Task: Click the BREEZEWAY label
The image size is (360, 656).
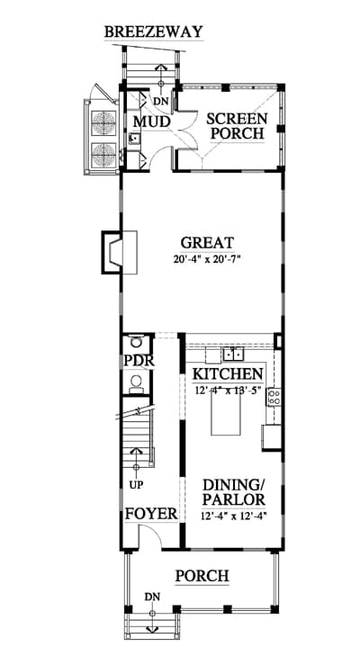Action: coord(154,32)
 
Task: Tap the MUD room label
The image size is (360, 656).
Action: coord(151,122)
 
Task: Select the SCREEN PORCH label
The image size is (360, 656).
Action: coord(237,126)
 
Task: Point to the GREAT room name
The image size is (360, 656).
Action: coord(207,243)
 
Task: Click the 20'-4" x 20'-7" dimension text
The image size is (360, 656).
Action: coord(208,259)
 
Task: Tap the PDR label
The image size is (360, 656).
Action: coord(139,361)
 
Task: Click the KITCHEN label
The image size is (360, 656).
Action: coord(228,373)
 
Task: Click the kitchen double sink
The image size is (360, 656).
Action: coord(233,355)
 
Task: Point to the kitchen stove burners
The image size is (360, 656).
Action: coord(274,398)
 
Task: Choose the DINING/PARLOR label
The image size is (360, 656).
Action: coord(234,492)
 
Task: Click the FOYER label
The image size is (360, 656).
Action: coord(151,514)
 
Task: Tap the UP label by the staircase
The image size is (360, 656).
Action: coord(137,485)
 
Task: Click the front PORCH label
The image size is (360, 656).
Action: coord(202,576)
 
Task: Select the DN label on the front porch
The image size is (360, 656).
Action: coord(152,597)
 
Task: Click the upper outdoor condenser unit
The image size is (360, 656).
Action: coord(103,122)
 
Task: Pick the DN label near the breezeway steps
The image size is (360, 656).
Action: coord(161,101)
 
